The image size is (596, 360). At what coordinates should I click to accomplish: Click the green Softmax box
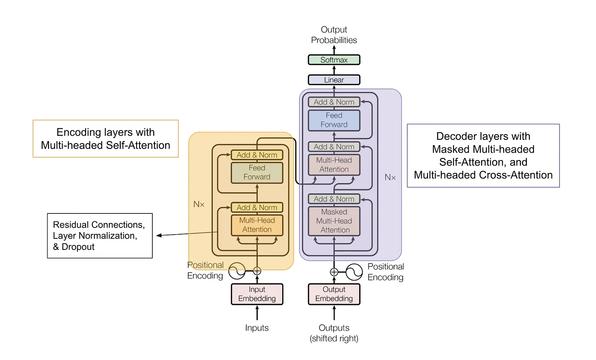[x=334, y=60]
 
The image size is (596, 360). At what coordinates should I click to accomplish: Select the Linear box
[x=334, y=80]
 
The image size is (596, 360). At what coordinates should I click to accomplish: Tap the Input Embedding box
[x=257, y=294]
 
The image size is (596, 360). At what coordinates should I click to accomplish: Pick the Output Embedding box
[x=334, y=294]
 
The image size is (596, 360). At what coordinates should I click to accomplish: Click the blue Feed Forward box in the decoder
[x=334, y=120]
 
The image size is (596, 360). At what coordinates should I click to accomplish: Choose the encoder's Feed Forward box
[x=257, y=173]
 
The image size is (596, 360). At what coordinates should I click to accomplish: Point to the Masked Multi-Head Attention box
[x=334, y=221]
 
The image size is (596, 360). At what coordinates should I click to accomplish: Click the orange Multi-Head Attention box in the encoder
[x=257, y=225]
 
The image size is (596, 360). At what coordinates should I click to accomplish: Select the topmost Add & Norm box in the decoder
[x=334, y=102]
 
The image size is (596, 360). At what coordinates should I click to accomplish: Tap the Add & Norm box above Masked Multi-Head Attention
[x=334, y=199]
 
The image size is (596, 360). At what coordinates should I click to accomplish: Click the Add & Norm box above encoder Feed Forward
[x=257, y=155]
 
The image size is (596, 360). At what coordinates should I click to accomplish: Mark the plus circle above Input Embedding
[x=257, y=271]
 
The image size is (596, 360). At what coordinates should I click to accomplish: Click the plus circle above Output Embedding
[x=334, y=272]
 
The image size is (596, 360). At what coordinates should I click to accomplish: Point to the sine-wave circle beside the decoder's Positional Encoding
[x=354, y=272]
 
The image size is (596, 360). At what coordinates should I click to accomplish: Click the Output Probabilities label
[x=334, y=35]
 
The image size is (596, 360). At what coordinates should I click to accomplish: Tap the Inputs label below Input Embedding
[x=257, y=328]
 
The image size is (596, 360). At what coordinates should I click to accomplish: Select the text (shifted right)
[x=334, y=338]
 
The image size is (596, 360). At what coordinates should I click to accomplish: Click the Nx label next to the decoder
[x=390, y=177]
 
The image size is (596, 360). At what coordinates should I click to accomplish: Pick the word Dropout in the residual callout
[x=78, y=247]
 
